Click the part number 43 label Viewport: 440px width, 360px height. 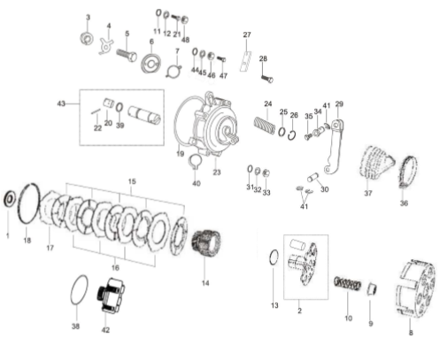coord(61,103)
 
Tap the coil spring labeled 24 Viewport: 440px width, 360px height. coord(265,126)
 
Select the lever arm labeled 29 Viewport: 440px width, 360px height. coord(336,147)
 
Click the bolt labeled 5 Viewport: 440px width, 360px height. coord(127,55)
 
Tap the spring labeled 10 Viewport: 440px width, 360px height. coord(348,284)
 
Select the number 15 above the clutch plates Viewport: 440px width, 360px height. coord(132,181)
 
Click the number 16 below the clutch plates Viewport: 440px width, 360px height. coord(115,267)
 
